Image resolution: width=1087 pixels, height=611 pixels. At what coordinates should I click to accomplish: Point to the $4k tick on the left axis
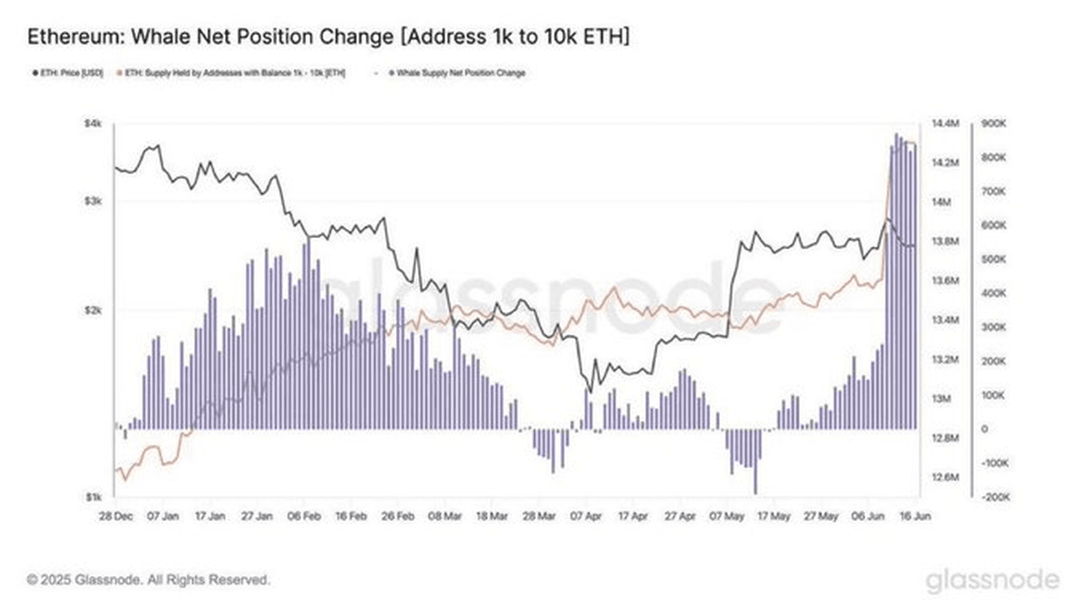tap(93, 123)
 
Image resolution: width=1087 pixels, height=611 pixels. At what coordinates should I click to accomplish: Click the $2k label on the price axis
tap(93, 310)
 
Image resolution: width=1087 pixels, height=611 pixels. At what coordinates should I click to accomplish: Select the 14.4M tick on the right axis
tap(945, 123)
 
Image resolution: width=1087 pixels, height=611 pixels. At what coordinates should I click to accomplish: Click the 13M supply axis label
tap(941, 399)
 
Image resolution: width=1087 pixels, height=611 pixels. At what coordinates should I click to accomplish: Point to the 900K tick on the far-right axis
tap(994, 123)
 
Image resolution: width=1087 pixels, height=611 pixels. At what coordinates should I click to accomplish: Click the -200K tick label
tap(995, 497)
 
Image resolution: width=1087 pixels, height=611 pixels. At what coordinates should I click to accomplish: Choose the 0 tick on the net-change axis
tap(985, 429)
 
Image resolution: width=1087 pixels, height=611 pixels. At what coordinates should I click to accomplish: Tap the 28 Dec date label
tap(116, 516)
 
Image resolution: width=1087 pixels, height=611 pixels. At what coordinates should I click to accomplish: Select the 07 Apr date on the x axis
tap(586, 516)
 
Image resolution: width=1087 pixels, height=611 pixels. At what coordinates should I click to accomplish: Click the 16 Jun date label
tap(915, 516)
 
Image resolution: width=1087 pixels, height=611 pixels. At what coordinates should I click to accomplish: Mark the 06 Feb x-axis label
tap(303, 516)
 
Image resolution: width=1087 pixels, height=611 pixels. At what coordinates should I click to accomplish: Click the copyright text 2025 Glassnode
tap(148, 579)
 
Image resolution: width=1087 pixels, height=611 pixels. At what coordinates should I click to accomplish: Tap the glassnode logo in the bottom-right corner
tap(993, 580)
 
